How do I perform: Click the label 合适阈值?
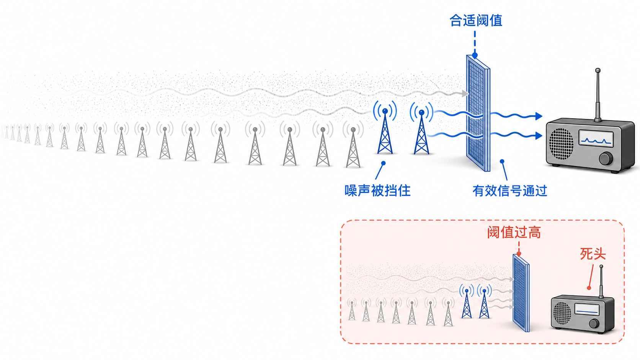click(476, 21)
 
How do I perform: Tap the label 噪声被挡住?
click(377, 191)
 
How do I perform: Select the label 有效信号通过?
click(510, 191)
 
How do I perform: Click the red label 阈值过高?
click(514, 232)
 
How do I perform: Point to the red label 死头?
click(593, 254)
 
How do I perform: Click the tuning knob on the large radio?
click(606, 159)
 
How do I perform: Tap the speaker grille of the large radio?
click(561, 143)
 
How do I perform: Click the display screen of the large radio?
click(596, 138)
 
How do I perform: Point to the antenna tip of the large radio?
click(598, 70)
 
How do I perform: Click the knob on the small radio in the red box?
click(594, 324)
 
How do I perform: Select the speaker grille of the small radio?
click(562, 313)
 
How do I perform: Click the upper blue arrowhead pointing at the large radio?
click(539, 116)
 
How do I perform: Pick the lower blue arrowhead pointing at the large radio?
click(539, 135)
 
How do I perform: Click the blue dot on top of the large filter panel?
click(475, 55)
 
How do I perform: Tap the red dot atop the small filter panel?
click(519, 254)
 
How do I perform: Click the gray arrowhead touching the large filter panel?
click(465, 93)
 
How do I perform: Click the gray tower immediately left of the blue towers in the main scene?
click(353, 144)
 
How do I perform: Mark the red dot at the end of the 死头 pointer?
click(589, 288)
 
